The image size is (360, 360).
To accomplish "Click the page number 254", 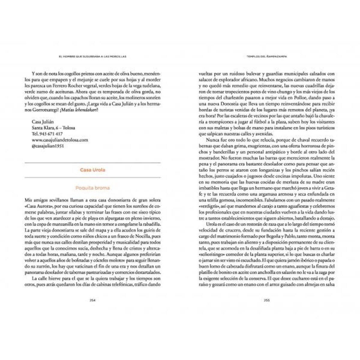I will tap(93, 300).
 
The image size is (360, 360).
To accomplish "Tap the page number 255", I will tap(266, 300).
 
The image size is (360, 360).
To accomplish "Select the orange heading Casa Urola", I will tap(93, 170).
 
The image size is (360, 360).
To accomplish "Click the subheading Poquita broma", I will tap(93, 188).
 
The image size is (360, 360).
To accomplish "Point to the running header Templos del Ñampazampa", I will tap(266, 56).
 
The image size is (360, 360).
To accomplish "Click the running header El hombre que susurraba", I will tap(93, 56).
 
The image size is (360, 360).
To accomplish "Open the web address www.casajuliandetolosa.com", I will tap(60, 140).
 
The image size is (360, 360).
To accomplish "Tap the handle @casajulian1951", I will tap(48, 146).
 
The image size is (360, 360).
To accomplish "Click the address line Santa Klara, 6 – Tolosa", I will tap(53, 128).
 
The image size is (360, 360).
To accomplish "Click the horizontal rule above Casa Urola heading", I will tap(93, 163).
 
